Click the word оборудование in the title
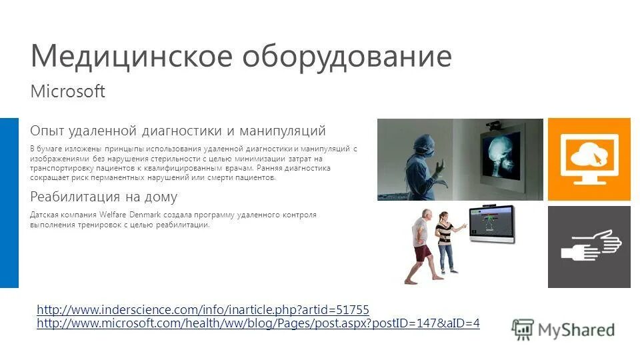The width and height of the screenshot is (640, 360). point(346,57)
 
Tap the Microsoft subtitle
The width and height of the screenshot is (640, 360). point(68,91)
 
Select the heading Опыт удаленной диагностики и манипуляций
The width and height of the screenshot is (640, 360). point(178,129)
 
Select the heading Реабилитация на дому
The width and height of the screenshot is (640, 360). point(104,197)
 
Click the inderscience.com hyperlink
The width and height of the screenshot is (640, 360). point(203,310)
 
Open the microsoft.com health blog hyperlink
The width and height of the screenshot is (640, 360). point(258,323)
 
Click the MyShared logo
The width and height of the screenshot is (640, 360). point(563,329)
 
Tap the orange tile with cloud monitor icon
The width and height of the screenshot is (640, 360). point(589,159)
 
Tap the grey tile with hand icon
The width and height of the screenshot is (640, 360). point(589,247)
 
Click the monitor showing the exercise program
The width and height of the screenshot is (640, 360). point(491,223)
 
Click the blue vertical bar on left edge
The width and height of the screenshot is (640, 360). point(9,203)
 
